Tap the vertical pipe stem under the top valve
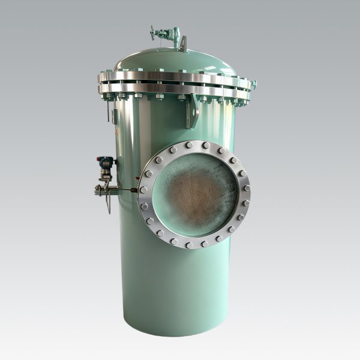coord(176,42)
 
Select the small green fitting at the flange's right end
coord(254,85)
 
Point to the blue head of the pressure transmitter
coord(106,162)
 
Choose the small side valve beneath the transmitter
coord(104,190)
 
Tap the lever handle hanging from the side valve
coord(109,205)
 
